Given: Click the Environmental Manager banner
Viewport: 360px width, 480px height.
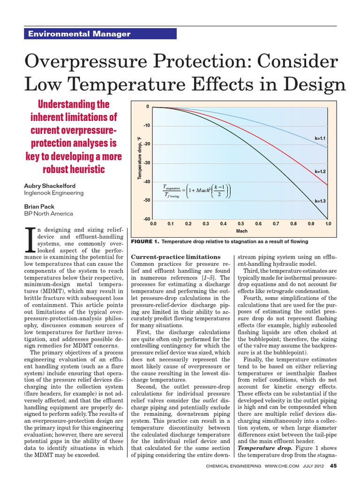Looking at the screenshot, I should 100,34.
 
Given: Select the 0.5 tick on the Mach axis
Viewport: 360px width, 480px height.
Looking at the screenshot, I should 240,224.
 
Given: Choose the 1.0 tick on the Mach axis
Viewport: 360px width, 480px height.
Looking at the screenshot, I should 328,224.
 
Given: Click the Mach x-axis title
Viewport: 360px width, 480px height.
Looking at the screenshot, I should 241,231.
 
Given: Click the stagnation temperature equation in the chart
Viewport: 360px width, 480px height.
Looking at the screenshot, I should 196,192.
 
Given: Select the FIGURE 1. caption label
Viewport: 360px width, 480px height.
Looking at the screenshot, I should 147,242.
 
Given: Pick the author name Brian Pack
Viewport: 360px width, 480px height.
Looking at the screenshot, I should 39,206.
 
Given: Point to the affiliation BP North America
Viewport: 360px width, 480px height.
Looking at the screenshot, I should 48,213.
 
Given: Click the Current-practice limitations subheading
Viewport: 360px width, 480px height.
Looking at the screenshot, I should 175,257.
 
